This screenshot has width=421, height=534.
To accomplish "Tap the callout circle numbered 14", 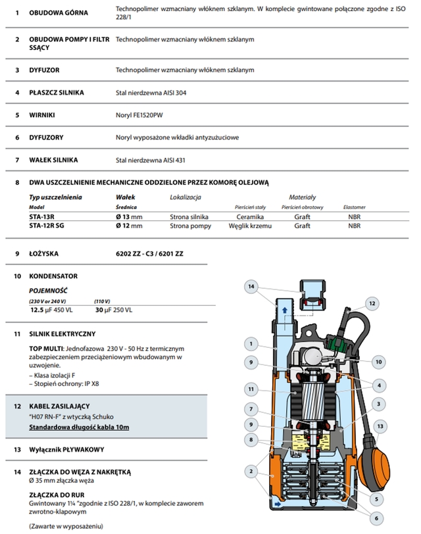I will (251, 286).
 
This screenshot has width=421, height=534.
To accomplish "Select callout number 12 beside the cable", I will (372, 303).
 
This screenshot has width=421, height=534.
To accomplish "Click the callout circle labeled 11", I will (250, 388).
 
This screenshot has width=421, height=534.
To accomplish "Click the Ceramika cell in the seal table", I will (250, 216).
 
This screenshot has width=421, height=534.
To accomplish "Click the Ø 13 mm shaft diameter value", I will (129, 216).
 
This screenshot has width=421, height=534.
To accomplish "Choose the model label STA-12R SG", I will (51, 226).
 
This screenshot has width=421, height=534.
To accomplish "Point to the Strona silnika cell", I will (189, 216).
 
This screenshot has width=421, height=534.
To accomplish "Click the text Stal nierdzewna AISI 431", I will (151, 160).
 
